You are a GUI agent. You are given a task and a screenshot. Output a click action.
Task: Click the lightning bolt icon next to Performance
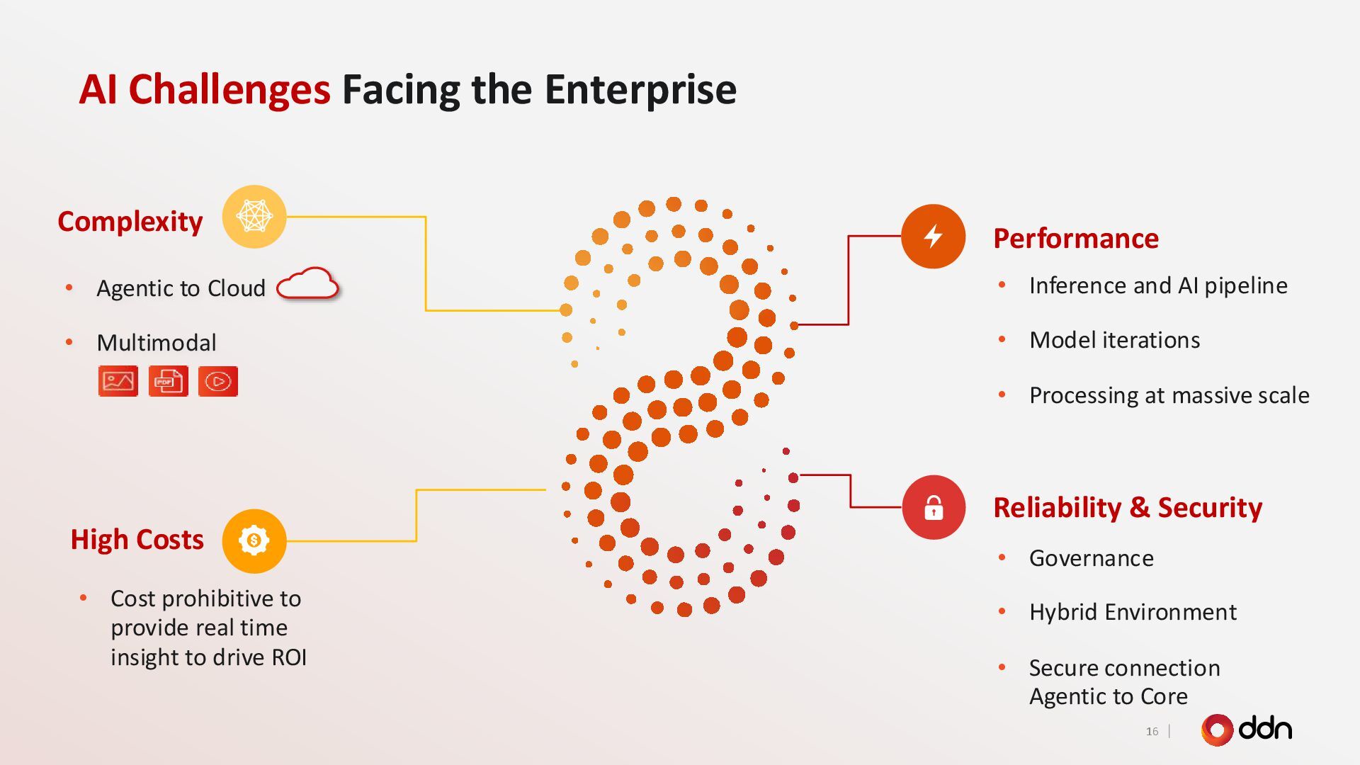point(933,236)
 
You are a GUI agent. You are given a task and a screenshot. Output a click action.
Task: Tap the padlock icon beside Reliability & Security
point(934,507)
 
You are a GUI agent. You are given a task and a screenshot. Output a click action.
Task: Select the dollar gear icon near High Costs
point(254,541)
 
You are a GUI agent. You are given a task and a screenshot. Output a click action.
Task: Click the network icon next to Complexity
point(254,216)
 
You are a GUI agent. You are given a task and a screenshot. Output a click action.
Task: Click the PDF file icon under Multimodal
point(168,381)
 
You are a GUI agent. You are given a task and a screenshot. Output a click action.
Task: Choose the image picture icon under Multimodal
point(118,381)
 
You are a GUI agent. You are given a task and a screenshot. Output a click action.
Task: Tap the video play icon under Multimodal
point(218,381)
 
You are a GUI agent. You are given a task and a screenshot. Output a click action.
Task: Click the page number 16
point(1152,731)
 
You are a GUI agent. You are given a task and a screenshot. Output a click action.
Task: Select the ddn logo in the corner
point(1247,730)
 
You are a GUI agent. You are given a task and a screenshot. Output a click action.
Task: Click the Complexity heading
point(130,222)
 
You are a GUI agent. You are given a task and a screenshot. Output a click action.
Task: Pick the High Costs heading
point(137,540)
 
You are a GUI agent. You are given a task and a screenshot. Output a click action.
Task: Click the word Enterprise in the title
point(640,90)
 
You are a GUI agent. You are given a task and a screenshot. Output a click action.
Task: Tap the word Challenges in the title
point(229,90)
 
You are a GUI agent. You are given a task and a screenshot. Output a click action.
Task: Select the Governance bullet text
point(1091,558)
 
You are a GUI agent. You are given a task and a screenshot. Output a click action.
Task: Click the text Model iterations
point(1114,340)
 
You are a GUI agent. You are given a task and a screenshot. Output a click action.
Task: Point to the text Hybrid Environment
point(1133,612)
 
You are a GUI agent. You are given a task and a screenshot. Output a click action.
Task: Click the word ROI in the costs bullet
point(289,657)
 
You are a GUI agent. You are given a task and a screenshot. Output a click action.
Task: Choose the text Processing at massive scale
point(1169,395)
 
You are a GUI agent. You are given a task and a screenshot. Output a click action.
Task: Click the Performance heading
point(1076,239)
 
